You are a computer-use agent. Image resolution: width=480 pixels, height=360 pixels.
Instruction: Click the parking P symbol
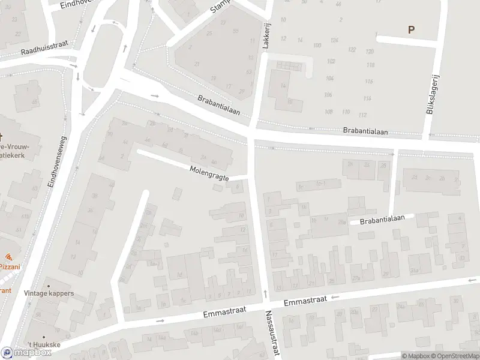[x=411, y=29]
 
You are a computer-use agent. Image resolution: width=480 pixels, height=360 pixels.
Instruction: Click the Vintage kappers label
[x=49, y=293]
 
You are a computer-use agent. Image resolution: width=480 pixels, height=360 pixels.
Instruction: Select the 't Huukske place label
[x=43, y=346]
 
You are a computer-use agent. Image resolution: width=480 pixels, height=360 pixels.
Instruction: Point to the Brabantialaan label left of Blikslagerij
[x=365, y=130]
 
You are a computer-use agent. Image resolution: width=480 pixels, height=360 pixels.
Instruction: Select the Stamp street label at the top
[x=221, y=7]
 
